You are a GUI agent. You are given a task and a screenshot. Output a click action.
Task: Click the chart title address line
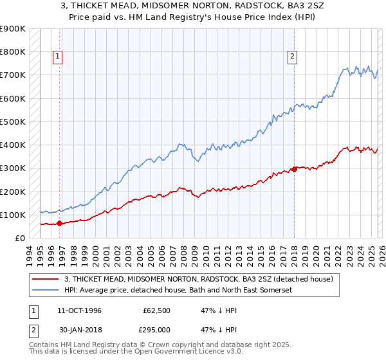193,6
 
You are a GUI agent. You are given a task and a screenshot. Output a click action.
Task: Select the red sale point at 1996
59,224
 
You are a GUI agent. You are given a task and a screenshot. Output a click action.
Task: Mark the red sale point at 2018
294,170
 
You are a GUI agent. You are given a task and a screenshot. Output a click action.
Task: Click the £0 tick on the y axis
20,238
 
